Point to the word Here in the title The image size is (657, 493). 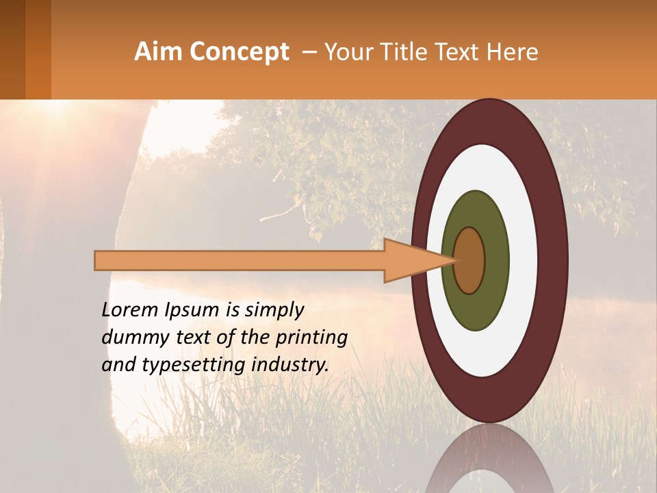[x=513, y=51]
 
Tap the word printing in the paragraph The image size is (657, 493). [x=313, y=338]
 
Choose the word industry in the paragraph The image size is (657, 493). [x=290, y=364]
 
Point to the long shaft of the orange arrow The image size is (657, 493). [x=240, y=261]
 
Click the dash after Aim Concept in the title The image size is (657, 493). [x=309, y=51]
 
